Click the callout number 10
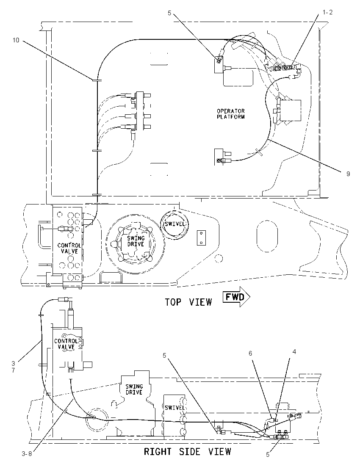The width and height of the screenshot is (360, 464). [x=16, y=40]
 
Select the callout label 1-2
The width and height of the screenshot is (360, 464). [x=327, y=12]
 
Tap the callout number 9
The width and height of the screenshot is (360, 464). [x=348, y=174]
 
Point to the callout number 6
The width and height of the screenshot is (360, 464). [x=250, y=353]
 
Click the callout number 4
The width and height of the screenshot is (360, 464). [x=294, y=351]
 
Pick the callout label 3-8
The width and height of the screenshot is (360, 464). [x=27, y=454]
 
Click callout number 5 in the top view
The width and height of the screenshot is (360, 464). [x=169, y=13]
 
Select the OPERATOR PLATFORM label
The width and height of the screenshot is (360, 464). [x=231, y=114]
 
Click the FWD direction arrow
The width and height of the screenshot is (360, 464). [x=236, y=296]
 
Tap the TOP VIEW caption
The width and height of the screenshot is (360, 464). [x=188, y=302]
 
